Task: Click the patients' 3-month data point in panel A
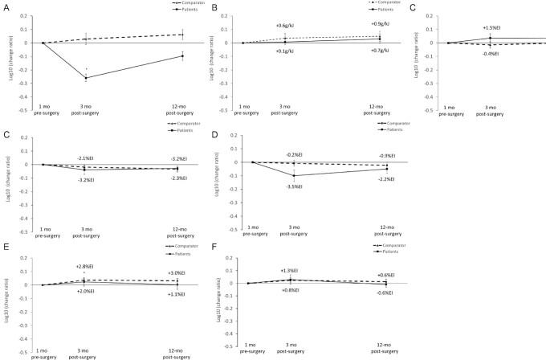pos(86,78)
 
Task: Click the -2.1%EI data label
pos(86,157)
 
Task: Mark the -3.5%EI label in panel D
pos(296,186)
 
